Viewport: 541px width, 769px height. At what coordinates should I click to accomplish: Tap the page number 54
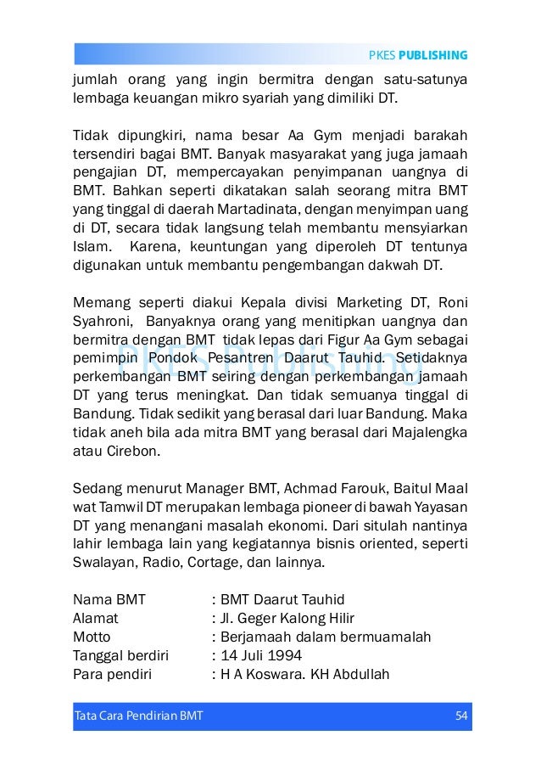click(x=461, y=715)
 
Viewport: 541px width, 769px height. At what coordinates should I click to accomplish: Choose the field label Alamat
click(x=96, y=618)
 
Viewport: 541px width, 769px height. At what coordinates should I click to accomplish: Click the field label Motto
click(x=92, y=637)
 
